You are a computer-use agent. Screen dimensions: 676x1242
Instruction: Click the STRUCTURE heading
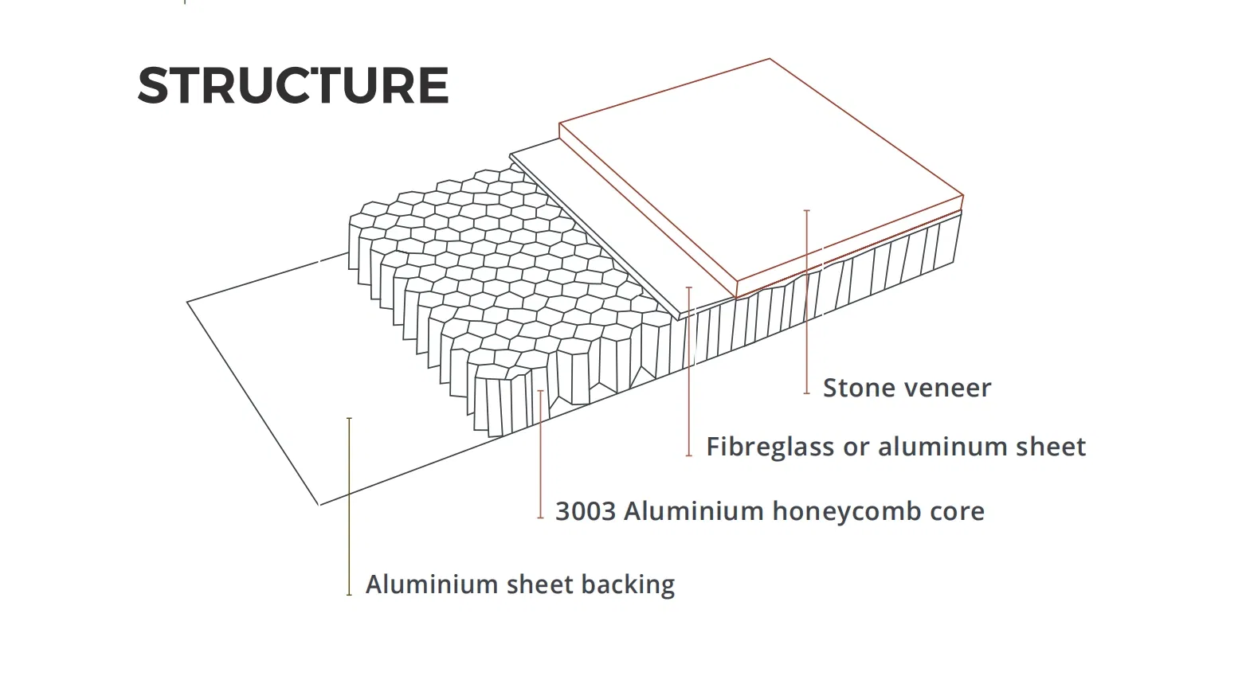pos(293,85)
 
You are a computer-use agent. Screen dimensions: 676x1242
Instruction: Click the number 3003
pos(585,511)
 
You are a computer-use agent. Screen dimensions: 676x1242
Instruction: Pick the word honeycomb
pos(836,511)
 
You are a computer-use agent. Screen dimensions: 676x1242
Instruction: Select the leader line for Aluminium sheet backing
pos(349,510)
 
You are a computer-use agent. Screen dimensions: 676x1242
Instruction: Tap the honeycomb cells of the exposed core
pos(494,263)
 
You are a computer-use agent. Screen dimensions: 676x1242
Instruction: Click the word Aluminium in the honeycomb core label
pos(694,511)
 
